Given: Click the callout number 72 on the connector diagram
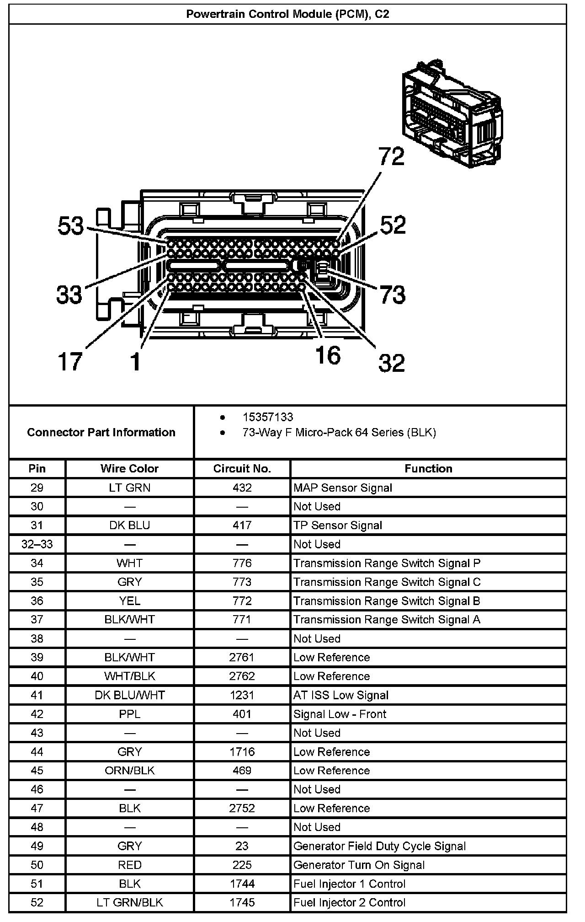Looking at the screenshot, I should [392, 156].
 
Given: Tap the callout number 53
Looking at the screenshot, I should [71, 226].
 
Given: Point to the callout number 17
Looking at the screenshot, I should [70, 361].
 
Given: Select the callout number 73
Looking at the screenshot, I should [392, 295].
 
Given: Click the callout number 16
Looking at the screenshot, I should [328, 355].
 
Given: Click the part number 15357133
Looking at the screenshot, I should [268, 417].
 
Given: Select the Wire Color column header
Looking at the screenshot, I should [129, 469].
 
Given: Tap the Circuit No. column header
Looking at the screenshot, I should [242, 469].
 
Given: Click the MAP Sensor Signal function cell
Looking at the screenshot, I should [343, 488].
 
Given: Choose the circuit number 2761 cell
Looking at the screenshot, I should [242, 657].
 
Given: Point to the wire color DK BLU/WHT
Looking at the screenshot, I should [129, 695].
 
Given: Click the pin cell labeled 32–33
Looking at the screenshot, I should [37, 544].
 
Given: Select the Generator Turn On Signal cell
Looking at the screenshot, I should [359, 865].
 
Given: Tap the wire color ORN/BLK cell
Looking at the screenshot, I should [129, 771].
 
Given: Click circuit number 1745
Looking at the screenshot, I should [242, 902].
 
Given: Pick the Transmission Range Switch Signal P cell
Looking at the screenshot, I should [387, 563].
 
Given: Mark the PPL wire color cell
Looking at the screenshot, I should [129, 714].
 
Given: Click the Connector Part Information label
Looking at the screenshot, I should [101, 432].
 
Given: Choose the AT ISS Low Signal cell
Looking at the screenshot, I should [341, 695].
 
